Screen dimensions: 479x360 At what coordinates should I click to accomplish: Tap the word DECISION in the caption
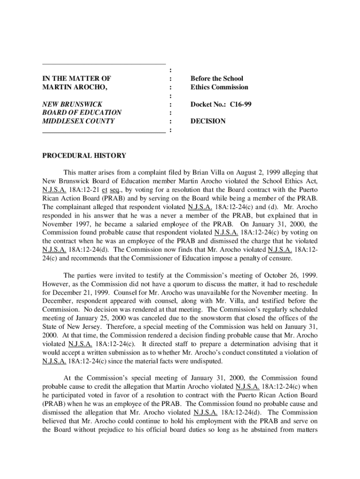(208, 121)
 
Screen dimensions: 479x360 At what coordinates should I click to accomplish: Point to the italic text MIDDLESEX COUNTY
(78, 121)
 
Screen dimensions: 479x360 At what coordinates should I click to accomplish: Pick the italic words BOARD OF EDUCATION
(82, 113)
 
